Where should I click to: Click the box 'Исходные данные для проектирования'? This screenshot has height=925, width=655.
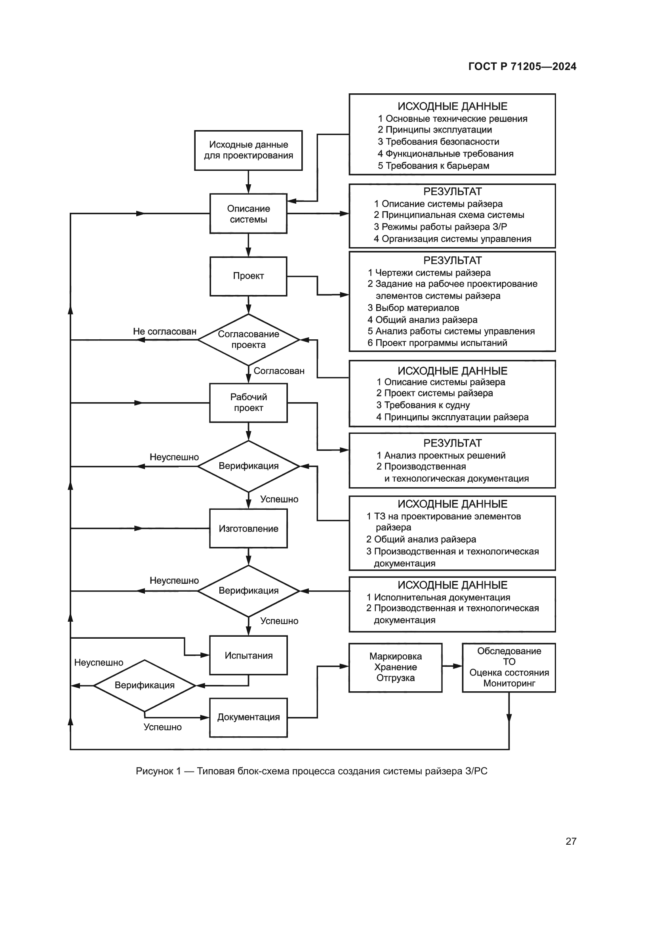[x=248, y=150]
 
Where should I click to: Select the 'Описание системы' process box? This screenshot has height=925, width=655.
[x=248, y=214]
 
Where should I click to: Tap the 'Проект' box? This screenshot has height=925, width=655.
[x=248, y=276]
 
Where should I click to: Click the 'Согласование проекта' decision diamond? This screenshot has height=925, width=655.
[x=248, y=340]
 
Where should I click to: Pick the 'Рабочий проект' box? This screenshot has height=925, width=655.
[x=248, y=403]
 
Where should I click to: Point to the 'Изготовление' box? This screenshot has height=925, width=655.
[x=248, y=529]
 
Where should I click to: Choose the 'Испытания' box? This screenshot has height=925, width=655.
[x=248, y=655]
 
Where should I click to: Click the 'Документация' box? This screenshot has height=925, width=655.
[x=248, y=717]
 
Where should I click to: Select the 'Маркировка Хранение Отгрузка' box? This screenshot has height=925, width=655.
[x=395, y=667]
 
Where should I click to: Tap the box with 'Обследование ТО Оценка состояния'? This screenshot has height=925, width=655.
[x=508, y=667]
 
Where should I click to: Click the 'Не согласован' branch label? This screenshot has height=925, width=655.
[x=165, y=331]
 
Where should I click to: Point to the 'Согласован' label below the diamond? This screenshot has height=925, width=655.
[x=279, y=371]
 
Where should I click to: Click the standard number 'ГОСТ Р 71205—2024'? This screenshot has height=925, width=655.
[x=522, y=66]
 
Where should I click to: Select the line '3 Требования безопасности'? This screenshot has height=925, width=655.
[x=438, y=142]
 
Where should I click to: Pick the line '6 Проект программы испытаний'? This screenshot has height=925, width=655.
[x=437, y=343]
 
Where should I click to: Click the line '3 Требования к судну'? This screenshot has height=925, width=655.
[x=423, y=405]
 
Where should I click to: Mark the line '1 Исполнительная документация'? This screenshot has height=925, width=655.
[x=438, y=598]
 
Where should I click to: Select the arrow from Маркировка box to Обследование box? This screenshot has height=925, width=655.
[x=452, y=666]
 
